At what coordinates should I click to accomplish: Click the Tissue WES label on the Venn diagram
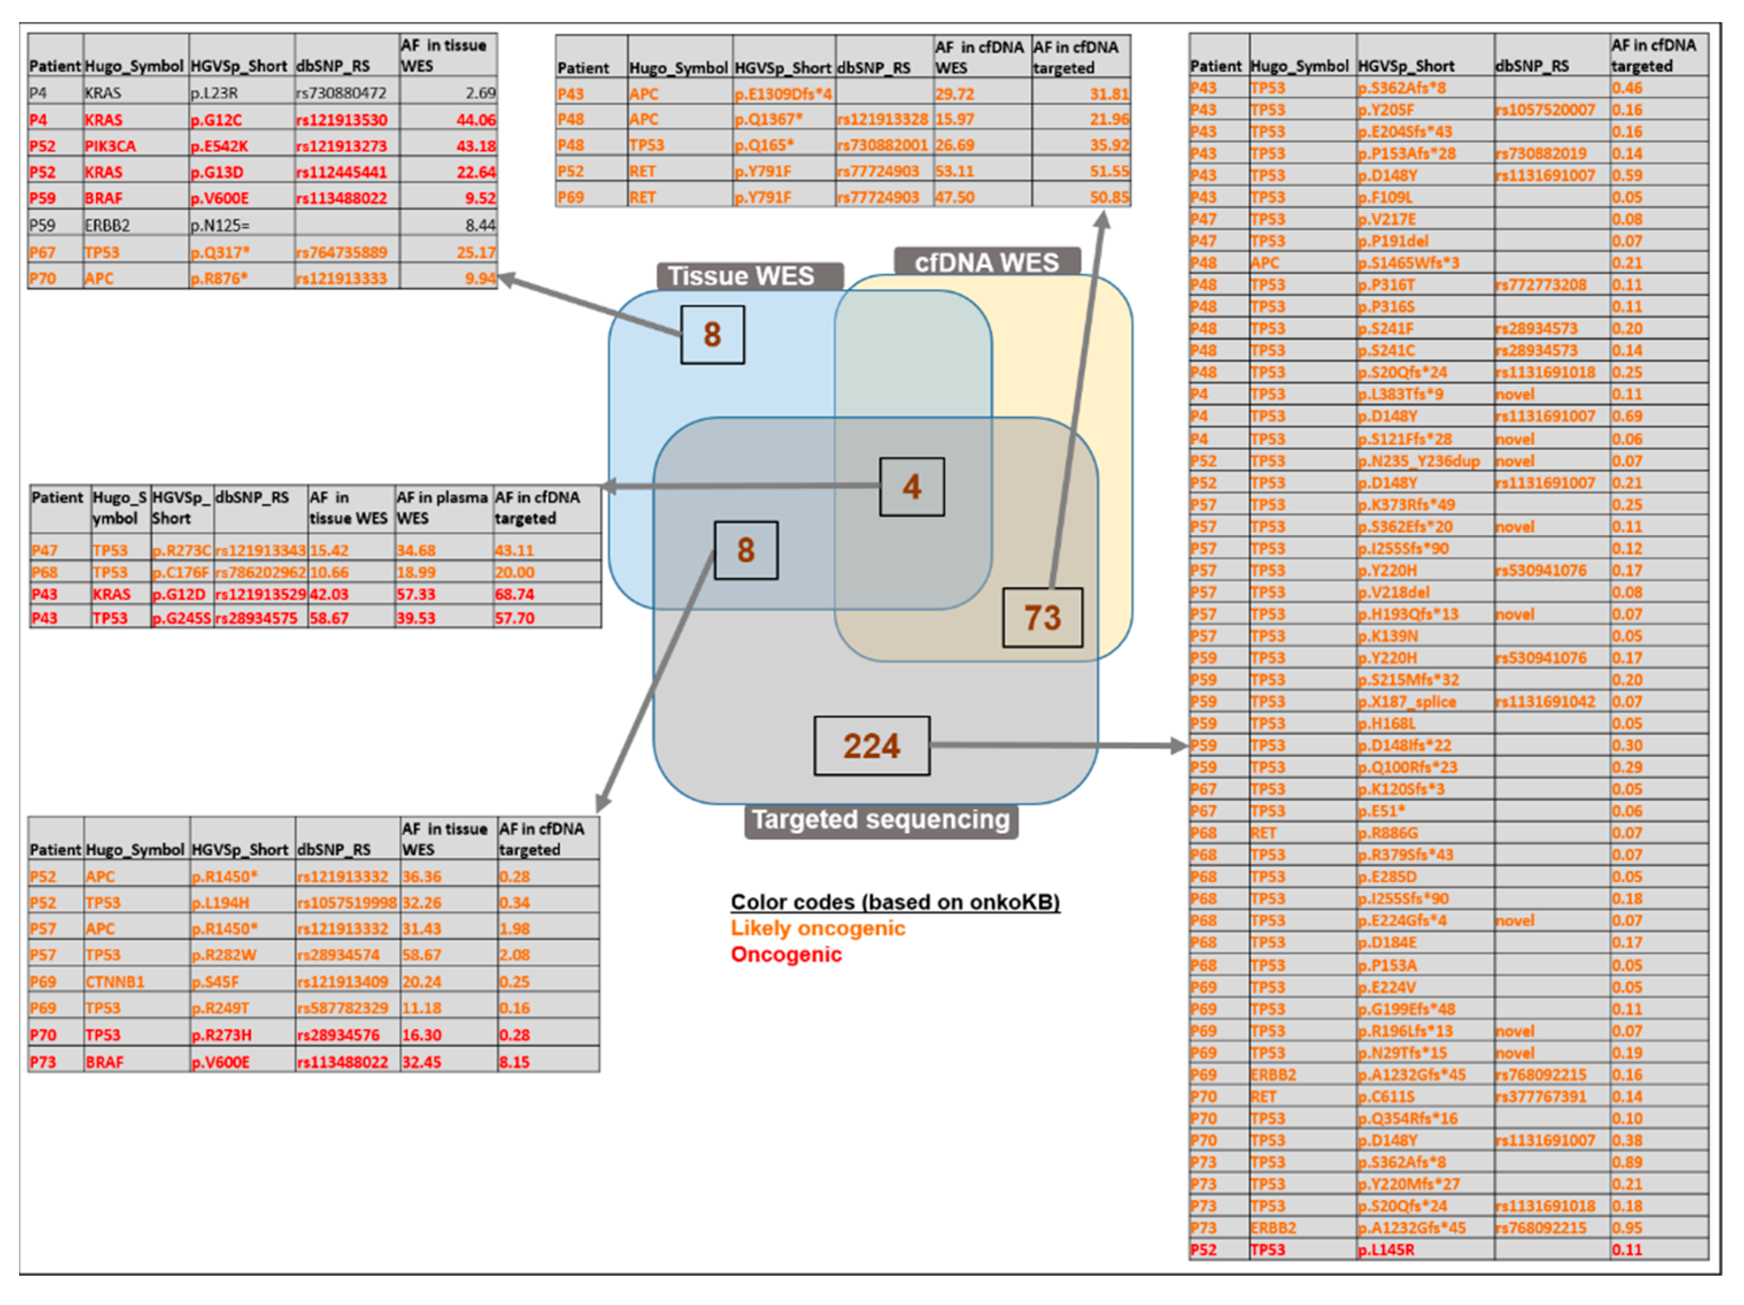[x=741, y=276]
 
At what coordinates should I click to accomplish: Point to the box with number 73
[x=1042, y=617]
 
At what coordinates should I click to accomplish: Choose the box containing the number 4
[x=911, y=487]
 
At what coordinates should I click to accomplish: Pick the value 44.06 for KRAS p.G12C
[x=475, y=120]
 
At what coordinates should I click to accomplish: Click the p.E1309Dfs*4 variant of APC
[x=783, y=94]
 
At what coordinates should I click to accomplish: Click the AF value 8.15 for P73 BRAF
[x=514, y=1062]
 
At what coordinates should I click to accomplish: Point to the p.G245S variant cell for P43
[x=181, y=618]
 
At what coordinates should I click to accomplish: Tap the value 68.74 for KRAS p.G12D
[x=514, y=594]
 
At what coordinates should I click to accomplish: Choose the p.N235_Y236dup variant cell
[x=1418, y=461]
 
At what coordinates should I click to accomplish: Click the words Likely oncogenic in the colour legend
[x=818, y=928]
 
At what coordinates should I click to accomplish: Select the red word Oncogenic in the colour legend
[x=786, y=954]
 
